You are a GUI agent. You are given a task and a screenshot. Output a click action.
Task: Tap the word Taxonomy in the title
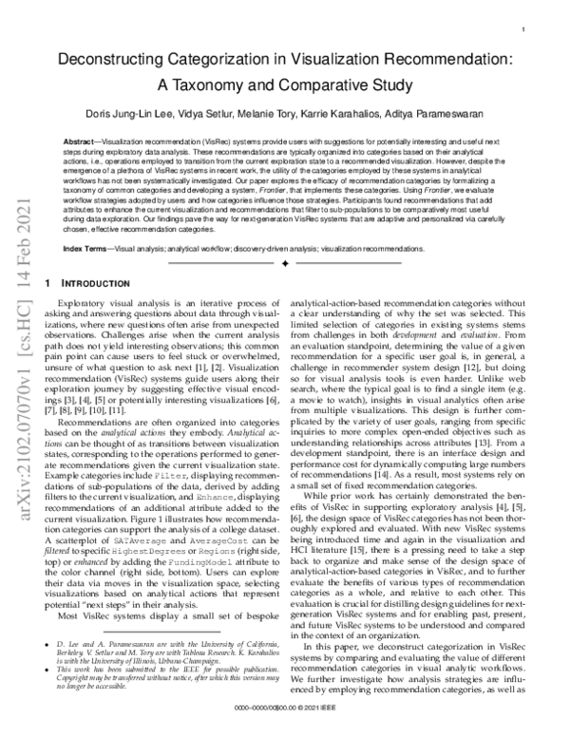click(237, 83)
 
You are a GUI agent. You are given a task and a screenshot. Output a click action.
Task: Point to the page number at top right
click(523, 30)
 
